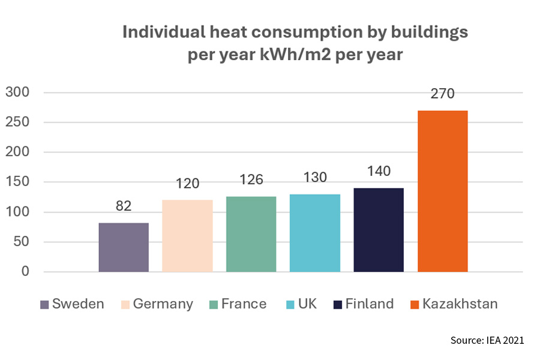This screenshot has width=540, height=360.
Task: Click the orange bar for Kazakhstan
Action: click(x=442, y=191)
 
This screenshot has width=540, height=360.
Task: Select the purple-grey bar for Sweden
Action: click(x=124, y=247)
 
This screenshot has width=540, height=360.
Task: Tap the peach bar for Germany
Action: click(x=187, y=236)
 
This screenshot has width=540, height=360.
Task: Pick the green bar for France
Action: click(x=251, y=234)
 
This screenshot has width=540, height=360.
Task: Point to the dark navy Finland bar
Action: click(x=379, y=230)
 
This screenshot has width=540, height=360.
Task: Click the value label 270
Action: click(x=442, y=94)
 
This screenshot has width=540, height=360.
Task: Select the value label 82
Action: click(x=124, y=206)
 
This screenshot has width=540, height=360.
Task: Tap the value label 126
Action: click(x=251, y=179)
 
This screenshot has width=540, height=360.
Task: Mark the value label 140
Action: click(x=379, y=171)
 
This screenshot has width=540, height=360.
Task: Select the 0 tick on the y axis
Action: click(x=25, y=272)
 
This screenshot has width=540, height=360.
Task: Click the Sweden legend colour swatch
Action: click(x=44, y=304)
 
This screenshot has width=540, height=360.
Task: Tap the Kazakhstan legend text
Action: click(x=460, y=304)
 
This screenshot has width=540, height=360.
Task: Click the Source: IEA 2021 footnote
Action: click(x=487, y=340)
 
